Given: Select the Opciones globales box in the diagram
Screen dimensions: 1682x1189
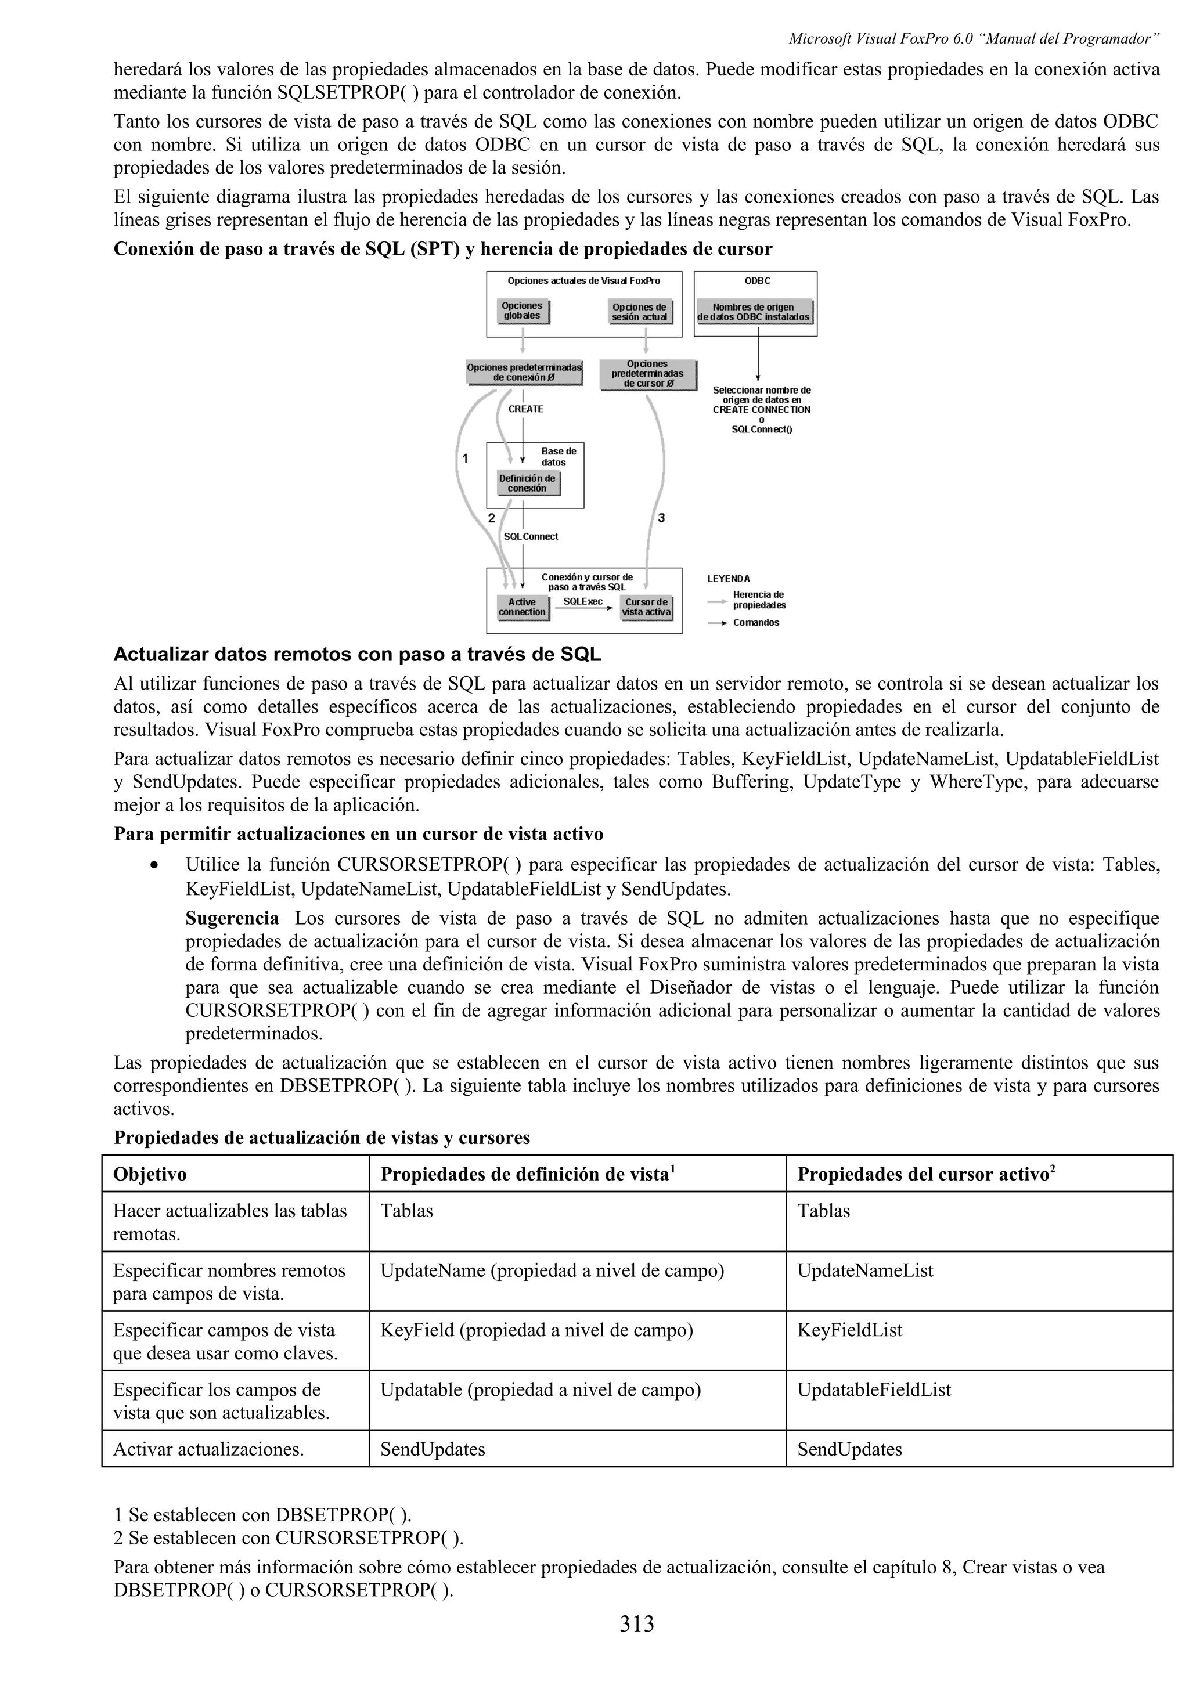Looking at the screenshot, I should pos(523,311).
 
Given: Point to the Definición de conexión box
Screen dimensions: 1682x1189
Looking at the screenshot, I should pos(528,483).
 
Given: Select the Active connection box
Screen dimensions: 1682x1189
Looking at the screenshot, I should pos(523,607).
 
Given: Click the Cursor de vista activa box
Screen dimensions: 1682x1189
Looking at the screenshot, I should pos(646,607).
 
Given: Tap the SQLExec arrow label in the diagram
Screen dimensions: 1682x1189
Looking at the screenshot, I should pos(583,601).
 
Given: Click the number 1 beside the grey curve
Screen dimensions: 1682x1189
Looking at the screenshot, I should pos(464,459).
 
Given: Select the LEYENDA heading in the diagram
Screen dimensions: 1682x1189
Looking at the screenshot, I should pos(728,579).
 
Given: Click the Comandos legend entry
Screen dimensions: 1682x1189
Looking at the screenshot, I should pos(756,623).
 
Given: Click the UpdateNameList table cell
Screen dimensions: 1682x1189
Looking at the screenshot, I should pos(865,1271).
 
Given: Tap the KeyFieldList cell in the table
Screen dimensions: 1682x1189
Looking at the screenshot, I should pos(850,1330).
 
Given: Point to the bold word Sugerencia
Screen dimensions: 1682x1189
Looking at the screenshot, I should pos(232,919).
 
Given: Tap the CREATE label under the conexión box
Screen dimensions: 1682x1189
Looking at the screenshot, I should pos(525,409).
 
